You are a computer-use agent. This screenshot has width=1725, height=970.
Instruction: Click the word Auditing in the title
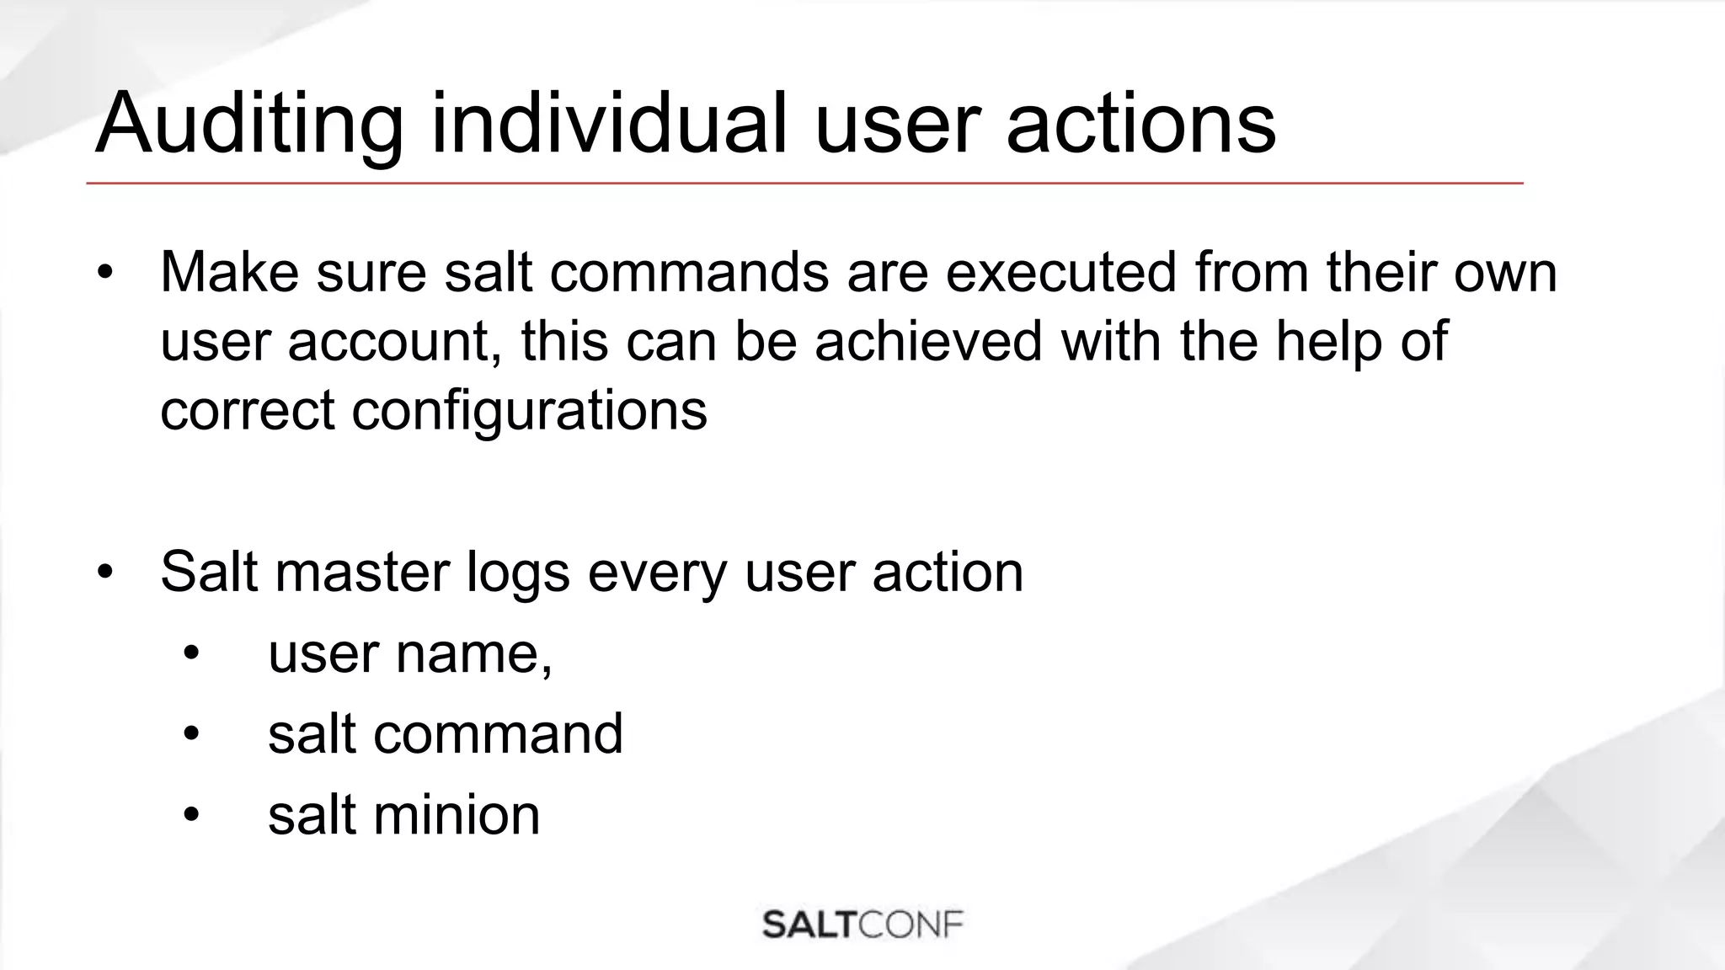[x=248, y=125]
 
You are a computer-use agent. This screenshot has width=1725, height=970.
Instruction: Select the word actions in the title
[x=1140, y=125]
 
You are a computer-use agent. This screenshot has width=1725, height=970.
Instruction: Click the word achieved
[x=928, y=341]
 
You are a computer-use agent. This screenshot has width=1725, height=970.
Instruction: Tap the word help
[x=1328, y=343]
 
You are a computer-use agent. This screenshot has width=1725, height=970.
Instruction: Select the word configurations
[x=529, y=412]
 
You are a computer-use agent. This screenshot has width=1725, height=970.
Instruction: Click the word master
[x=362, y=572]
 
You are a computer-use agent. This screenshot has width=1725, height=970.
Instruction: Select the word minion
[x=456, y=815]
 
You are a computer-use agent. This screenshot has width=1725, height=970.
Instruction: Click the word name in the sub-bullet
[x=473, y=653]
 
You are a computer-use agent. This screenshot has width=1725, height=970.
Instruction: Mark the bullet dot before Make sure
[x=104, y=273]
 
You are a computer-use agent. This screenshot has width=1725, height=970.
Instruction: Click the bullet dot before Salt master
[x=104, y=573]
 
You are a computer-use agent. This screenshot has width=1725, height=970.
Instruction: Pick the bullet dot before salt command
[x=191, y=734]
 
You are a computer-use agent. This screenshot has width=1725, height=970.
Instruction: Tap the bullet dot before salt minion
[x=191, y=815]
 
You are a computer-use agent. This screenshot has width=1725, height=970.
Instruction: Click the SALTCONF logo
[x=862, y=924]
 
